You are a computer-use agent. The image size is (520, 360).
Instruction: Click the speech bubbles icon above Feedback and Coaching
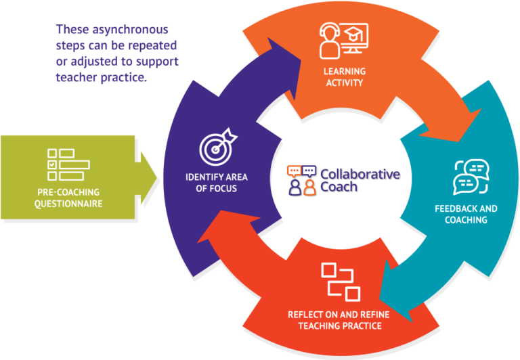(x=470, y=177)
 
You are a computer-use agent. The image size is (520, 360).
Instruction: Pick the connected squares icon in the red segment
(x=340, y=281)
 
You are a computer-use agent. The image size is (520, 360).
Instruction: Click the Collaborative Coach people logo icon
(x=301, y=180)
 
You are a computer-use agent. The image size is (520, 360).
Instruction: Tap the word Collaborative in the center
(x=360, y=174)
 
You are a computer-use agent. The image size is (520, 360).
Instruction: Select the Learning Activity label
(x=344, y=77)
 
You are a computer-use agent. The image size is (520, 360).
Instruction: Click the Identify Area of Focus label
(x=217, y=182)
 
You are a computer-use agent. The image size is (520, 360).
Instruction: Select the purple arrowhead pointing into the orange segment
(x=288, y=51)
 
